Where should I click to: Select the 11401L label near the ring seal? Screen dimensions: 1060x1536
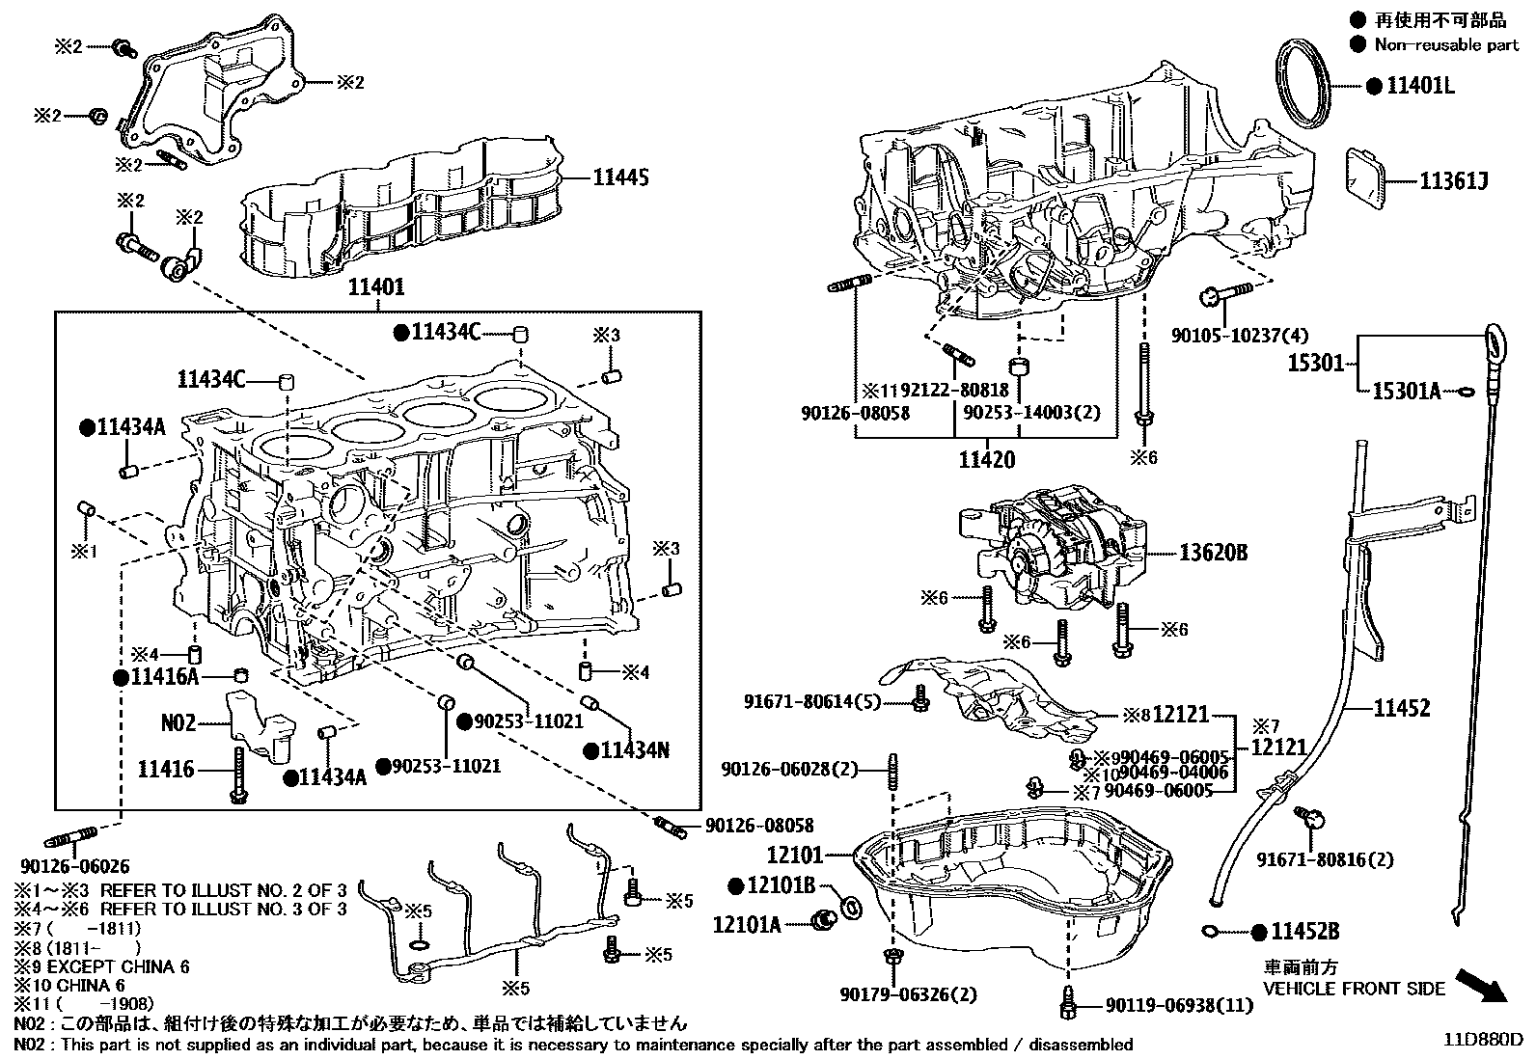coord(1420,86)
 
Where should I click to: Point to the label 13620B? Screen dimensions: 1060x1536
coord(1213,553)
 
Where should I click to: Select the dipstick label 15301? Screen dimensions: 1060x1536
coord(1315,364)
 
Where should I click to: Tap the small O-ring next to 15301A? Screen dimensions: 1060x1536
coord(1464,392)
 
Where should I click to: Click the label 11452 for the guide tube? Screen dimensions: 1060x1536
coord(1402,709)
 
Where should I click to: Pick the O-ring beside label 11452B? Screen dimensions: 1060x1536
coord(1210,931)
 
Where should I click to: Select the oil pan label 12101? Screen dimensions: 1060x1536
coord(795,855)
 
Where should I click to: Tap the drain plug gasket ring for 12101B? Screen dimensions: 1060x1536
coord(853,908)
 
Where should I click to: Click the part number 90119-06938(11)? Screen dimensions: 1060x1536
coord(1179,1006)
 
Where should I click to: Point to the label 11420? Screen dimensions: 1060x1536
coord(986,460)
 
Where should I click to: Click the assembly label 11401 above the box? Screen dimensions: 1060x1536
coord(375,287)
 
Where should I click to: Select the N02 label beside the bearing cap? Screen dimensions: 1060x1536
coord(178,721)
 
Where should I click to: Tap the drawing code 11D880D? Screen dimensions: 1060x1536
coord(1482,1040)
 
